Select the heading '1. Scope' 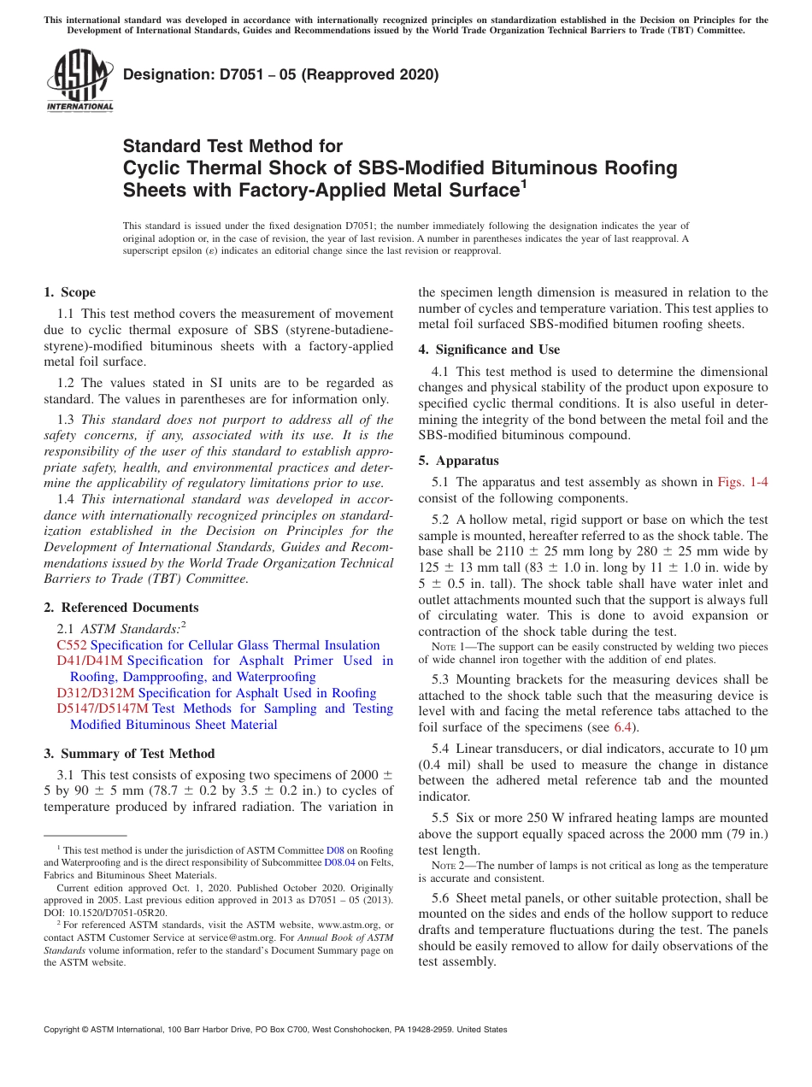tap(70, 292)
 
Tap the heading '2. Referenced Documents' tap(121, 608)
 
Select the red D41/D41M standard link tap(90, 661)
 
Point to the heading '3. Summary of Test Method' tap(129, 754)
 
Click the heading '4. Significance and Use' tap(489, 350)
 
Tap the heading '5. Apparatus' tap(458, 461)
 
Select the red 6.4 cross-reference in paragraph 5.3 tap(623, 727)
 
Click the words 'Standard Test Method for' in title tap(232, 146)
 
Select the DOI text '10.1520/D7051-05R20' tap(120, 913)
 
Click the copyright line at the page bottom tap(275, 1030)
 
